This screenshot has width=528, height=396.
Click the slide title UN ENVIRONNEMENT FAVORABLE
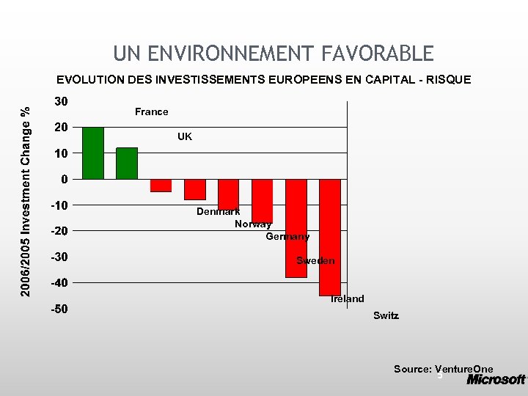click(274, 54)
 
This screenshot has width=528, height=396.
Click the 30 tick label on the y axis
click(59, 101)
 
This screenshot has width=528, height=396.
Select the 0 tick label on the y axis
click(65, 179)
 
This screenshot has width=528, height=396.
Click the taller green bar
click(93, 153)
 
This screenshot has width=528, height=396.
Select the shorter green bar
click(127, 164)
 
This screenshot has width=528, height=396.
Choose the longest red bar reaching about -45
click(330, 237)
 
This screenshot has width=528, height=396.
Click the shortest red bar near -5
click(161, 186)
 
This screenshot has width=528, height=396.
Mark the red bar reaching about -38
click(296, 228)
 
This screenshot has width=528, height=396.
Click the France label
click(151, 111)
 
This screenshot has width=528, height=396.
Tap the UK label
click(185, 136)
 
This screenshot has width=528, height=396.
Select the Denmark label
click(218, 211)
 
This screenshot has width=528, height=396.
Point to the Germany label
click(287, 236)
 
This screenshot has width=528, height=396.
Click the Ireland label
click(347, 298)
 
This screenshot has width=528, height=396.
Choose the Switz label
click(386, 315)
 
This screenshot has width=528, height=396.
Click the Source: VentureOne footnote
click(443, 369)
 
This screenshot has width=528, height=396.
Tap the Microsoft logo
click(496, 379)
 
